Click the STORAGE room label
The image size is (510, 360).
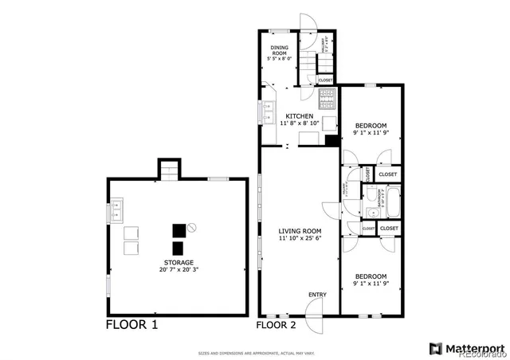pyautogui.click(x=178, y=262)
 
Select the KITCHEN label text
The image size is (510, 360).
pyautogui.click(x=300, y=116)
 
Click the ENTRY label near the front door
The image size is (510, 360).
pyautogui.click(x=316, y=295)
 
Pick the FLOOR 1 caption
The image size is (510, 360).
pyautogui.click(x=132, y=325)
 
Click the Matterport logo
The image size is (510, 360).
pyautogui.click(x=467, y=347)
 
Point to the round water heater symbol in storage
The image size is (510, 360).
pyautogui.click(x=192, y=229)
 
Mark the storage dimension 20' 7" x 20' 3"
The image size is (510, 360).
pyautogui.click(x=178, y=271)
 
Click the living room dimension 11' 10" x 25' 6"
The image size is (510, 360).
pyautogui.click(x=300, y=238)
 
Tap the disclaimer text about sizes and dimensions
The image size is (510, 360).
pyautogui.click(x=254, y=351)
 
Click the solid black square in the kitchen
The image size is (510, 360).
pyautogui.click(x=331, y=141)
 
